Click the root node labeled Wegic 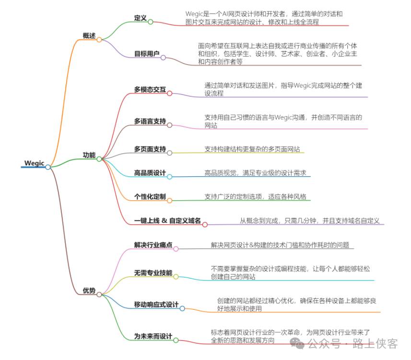pyautogui.click(x=34, y=163)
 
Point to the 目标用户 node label pyautogui.click(x=146, y=54)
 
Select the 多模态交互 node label pyautogui.click(x=150, y=89)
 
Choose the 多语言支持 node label pyautogui.click(x=150, y=121)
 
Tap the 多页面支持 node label pyautogui.click(x=150, y=149)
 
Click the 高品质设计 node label pyautogui.click(x=150, y=173)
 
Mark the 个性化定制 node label pyautogui.click(x=150, y=197)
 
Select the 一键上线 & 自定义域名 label pyautogui.click(x=167, y=221)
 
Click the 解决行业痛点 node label pyautogui.click(x=153, y=245)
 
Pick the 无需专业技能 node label pyautogui.click(x=153, y=273)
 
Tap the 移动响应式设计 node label pyautogui.click(x=156, y=304)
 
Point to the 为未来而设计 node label pyautogui.click(x=153, y=336)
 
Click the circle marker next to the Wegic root pyautogui.click(x=48, y=167)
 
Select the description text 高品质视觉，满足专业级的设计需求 pyautogui.click(x=255, y=173)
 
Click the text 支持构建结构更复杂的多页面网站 pyautogui.click(x=252, y=149)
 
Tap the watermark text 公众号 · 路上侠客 pyautogui.click(x=352, y=343)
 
